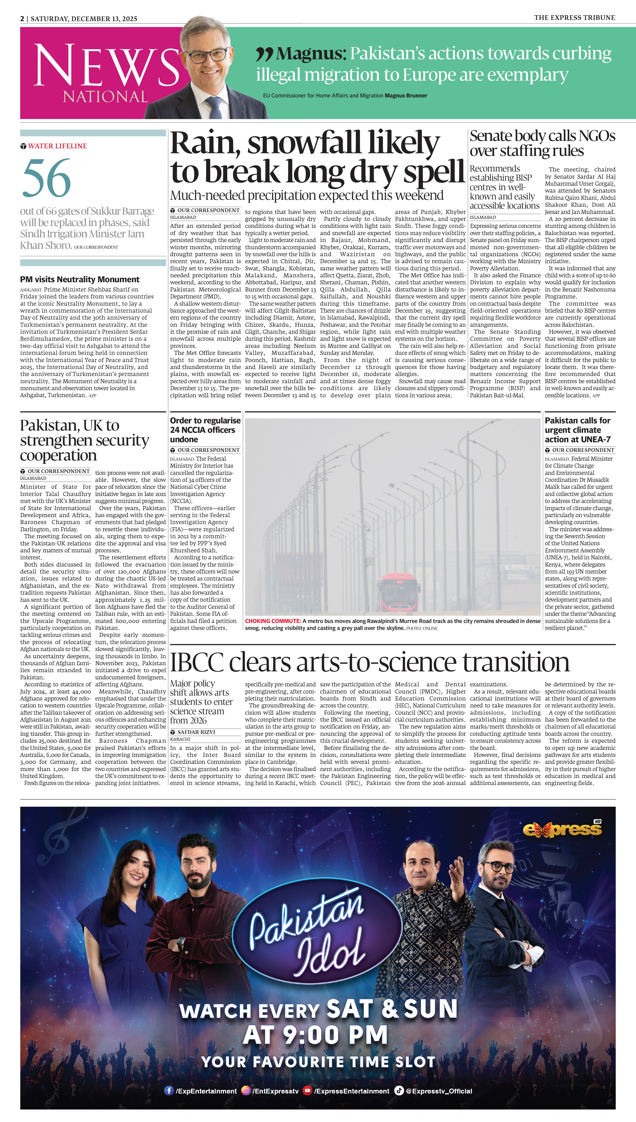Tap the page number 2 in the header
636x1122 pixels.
point(22,18)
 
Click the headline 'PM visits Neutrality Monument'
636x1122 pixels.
point(80,280)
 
